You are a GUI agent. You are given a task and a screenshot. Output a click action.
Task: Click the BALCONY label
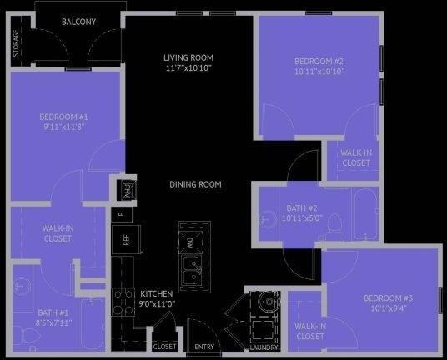tap(79, 22)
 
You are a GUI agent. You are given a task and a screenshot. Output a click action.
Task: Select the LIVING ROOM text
tap(188, 62)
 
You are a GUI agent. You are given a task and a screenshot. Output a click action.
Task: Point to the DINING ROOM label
tap(195, 184)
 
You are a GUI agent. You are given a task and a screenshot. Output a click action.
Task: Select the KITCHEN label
tap(156, 298)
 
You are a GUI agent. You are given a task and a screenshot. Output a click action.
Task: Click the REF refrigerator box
tap(127, 240)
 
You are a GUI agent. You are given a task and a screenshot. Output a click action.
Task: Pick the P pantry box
tap(122, 213)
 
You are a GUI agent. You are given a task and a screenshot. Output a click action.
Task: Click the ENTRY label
tap(204, 347)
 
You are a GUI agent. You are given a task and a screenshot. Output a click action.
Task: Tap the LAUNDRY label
tap(264, 347)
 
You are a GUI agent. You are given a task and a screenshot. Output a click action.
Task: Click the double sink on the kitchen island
tap(191, 270)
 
